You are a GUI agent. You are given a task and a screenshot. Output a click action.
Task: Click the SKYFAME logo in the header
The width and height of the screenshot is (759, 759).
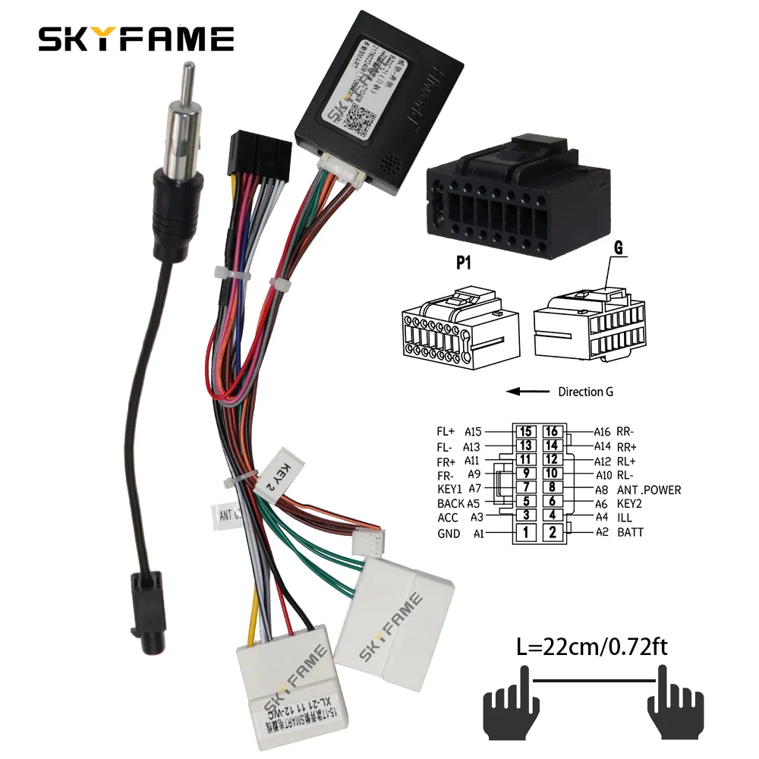137,39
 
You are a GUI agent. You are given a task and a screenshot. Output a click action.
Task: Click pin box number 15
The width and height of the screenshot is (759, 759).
525,432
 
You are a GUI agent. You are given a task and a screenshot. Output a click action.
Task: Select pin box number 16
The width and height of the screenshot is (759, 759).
553,432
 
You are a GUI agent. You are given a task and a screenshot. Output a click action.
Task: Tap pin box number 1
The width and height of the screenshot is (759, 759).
525,532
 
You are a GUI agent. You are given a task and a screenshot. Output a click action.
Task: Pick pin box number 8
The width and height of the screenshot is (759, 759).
553,489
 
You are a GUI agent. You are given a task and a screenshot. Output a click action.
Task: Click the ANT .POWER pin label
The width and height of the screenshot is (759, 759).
649,490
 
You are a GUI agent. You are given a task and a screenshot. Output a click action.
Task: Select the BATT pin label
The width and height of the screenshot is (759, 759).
630,532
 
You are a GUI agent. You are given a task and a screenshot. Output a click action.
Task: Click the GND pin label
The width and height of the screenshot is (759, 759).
449,533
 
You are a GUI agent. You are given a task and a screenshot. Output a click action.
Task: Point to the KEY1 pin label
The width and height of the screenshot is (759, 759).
449,490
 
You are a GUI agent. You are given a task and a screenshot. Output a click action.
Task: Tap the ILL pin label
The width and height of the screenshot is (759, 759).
625,518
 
